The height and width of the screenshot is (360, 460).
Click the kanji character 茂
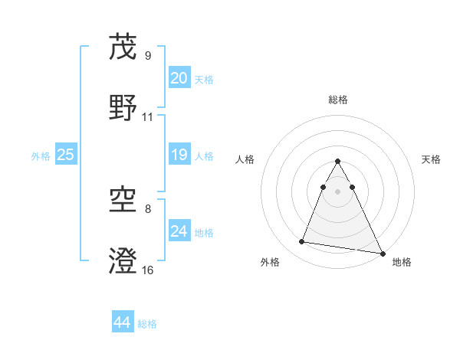point(123,47)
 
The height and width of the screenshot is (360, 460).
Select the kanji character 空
point(123,201)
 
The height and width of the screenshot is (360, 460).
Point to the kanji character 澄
point(123,260)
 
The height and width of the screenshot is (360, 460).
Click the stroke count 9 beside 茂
point(148,56)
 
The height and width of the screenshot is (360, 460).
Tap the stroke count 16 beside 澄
point(148,270)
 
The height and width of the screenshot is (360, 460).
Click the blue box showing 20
point(179,78)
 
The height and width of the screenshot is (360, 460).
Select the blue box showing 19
point(179,155)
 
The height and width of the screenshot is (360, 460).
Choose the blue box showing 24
point(179,231)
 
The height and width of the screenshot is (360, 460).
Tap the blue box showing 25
point(66,155)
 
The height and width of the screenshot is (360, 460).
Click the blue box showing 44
point(123,323)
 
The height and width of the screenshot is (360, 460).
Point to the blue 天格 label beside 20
point(204,79)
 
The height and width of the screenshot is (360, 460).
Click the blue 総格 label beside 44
point(147,324)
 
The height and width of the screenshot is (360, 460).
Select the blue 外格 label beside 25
point(41,156)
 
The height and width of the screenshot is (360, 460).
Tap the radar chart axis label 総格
point(338,100)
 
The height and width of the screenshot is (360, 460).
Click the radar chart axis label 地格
point(402,263)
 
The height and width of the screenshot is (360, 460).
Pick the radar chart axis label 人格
point(245,160)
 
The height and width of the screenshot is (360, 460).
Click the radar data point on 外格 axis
point(302,242)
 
